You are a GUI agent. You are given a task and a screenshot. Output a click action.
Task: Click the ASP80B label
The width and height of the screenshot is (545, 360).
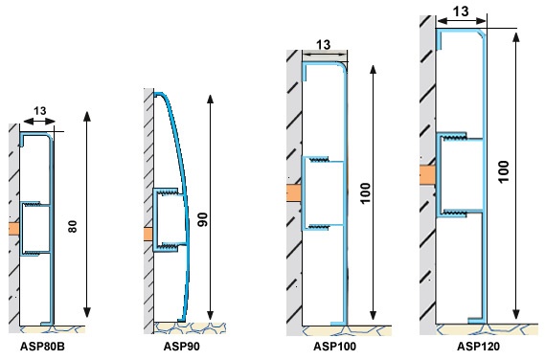tap(42, 346)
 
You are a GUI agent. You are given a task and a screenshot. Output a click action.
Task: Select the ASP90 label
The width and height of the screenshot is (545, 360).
tap(181, 346)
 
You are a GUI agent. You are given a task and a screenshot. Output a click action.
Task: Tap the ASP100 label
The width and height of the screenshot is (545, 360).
tap(334, 346)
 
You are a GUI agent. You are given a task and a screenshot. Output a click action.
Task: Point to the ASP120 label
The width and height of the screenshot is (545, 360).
tap(478, 346)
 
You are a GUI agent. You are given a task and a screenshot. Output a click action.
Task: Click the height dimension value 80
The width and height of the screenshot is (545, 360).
tap(72, 226)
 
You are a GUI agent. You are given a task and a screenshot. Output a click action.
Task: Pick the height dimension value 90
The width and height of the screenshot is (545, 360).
tap(202, 219)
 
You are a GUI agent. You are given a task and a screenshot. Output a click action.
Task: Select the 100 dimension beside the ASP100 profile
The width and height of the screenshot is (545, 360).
tap(365, 193)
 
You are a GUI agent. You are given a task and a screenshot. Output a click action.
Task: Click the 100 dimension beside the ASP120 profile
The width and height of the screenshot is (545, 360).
tap(503, 171)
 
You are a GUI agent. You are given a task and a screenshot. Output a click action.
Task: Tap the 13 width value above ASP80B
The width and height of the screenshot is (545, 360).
tap(39, 111)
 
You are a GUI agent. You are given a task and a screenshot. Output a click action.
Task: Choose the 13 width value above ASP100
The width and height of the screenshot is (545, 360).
tap(323, 45)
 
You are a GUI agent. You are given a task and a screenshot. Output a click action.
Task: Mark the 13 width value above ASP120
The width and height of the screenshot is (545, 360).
tap(461, 11)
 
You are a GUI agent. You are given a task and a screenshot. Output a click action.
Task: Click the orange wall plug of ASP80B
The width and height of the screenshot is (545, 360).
tap(14, 229)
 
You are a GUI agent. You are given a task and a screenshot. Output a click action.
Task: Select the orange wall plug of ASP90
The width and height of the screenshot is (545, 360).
tap(148, 234)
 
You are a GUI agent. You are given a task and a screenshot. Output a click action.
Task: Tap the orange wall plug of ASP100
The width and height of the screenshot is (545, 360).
tap(294, 192)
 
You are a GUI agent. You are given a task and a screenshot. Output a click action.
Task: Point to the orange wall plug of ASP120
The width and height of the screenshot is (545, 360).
tap(427, 175)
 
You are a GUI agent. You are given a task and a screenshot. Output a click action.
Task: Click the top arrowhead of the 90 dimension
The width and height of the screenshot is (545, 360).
tap(210, 99)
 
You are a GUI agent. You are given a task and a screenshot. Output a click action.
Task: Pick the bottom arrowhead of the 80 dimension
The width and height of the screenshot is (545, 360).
tap(87, 312)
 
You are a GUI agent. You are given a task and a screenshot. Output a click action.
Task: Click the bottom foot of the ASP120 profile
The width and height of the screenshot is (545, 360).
tap(476, 321)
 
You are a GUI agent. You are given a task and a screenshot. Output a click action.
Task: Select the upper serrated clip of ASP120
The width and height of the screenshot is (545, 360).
tap(454, 137)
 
